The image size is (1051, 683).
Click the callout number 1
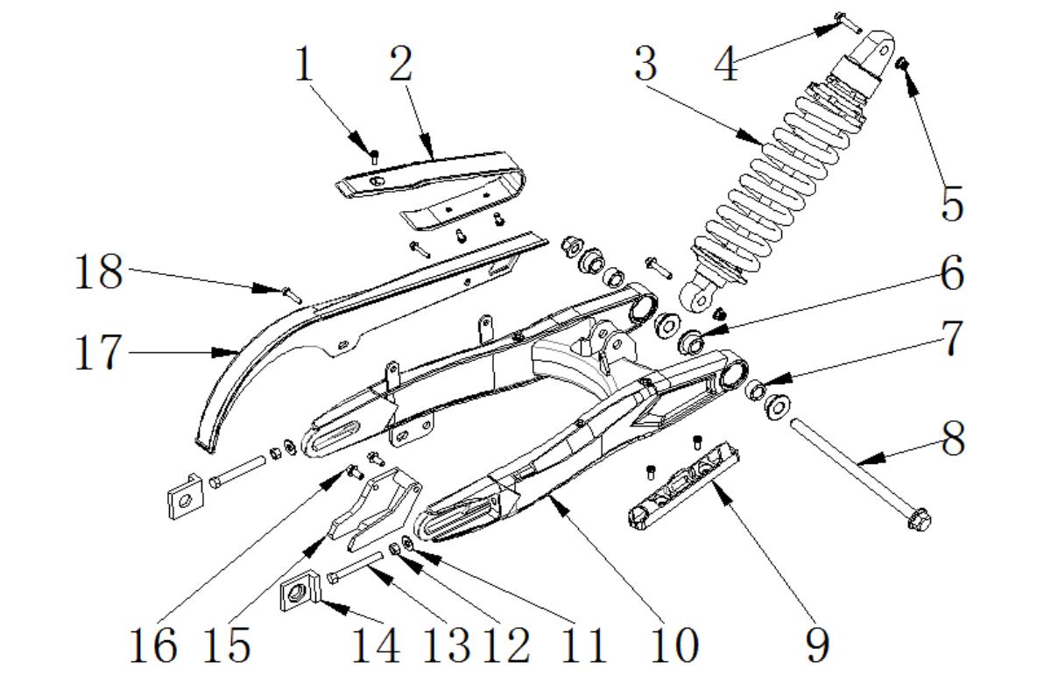304,66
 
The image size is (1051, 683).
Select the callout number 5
951,203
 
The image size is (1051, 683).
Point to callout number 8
951,438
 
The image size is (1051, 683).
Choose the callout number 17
99,353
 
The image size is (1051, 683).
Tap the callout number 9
816,645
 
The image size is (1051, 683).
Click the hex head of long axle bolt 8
920,519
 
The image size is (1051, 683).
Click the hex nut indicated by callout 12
395,548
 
